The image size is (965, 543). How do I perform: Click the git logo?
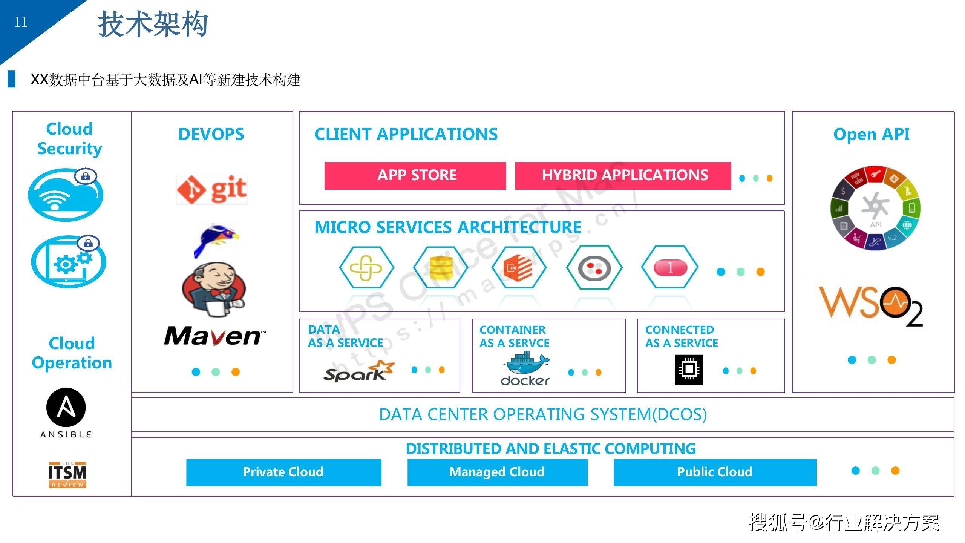[x=212, y=190]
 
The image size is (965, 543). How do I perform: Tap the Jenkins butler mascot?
[x=213, y=290]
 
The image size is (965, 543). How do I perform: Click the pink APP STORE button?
[x=415, y=176]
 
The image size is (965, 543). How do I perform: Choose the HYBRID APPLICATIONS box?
[x=623, y=176]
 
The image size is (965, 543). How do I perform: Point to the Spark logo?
[x=358, y=371]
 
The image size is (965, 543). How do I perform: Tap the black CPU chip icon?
[x=688, y=370]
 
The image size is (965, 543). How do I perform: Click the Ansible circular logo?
[x=66, y=408]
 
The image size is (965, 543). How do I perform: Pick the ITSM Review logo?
[x=67, y=475]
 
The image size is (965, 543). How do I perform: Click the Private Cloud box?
[x=283, y=472]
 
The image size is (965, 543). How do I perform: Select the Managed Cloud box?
[x=497, y=472]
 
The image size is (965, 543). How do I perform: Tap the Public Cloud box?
[x=715, y=472]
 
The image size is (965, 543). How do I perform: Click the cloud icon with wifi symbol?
[x=66, y=195]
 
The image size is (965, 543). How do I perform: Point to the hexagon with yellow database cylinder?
[x=441, y=267]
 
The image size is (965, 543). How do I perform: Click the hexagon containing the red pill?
[x=670, y=267]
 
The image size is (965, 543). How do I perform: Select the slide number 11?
[x=21, y=22]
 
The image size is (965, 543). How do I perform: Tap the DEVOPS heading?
[x=211, y=134]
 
